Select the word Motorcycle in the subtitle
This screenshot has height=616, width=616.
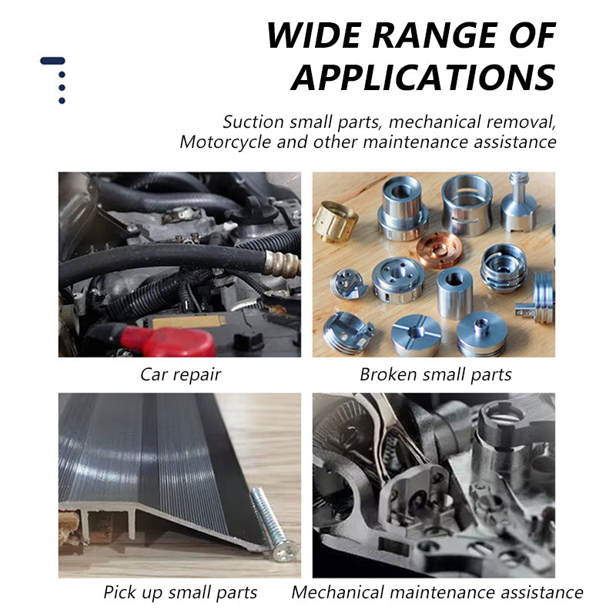[x=225, y=142]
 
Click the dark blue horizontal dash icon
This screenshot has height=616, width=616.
[x=52, y=61]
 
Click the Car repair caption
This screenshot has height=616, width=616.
[x=180, y=375]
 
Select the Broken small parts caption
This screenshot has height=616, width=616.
[x=435, y=374]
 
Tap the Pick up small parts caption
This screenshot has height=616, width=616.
[x=180, y=592]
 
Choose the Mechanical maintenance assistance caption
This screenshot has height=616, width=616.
[x=437, y=592]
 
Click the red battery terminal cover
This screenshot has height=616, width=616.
[x=168, y=341]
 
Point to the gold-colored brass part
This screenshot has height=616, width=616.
[x=335, y=221]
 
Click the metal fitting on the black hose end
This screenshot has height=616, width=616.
[x=282, y=263]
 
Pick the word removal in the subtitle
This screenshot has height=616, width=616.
[x=521, y=122]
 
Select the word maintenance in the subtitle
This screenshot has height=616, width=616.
[x=416, y=142]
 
